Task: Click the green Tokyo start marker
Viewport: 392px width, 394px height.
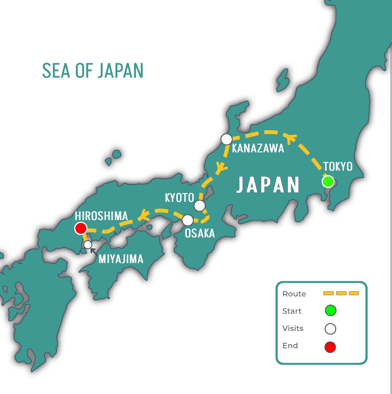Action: click(328, 182)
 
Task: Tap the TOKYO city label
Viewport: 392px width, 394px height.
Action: click(338, 167)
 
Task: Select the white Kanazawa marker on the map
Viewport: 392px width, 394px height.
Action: click(226, 140)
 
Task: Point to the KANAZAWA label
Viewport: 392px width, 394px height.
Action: click(258, 148)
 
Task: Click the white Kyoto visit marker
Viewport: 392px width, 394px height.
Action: click(200, 206)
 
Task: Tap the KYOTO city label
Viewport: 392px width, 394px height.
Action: click(179, 198)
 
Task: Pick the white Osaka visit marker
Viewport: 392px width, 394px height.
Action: click(188, 220)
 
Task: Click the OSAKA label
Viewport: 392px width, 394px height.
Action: click(200, 233)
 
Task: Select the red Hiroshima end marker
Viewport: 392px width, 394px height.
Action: click(81, 228)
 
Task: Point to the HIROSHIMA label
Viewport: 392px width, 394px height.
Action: click(101, 216)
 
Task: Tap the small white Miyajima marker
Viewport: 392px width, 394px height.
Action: click(88, 245)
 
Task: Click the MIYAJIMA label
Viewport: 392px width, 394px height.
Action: click(121, 259)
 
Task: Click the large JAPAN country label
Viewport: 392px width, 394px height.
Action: click(268, 185)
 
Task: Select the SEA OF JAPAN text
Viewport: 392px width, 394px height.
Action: click(93, 71)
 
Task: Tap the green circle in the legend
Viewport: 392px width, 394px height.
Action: click(330, 311)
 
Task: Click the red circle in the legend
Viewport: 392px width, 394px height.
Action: click(330, 347)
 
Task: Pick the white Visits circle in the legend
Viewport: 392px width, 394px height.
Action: click(330, 329)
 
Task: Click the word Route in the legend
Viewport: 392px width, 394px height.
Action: click(294, 294)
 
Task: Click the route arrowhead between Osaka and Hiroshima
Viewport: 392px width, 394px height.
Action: click(144, 215)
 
